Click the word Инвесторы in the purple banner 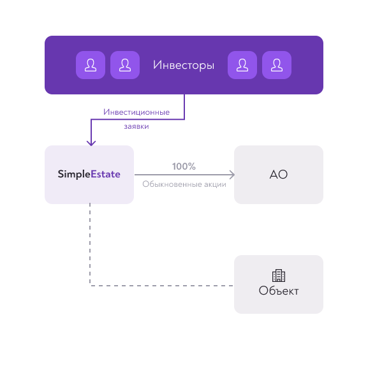pyautogui.click(x=184, y=65)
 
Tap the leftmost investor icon pyautogui.click(x=91, y=65)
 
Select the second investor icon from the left pyautogui.click(x=125, y=65)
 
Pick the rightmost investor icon pyautogui.click(x=277, y=65)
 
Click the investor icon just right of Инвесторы pyautogui.click(x=242, y=65)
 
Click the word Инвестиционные pyautogui.click(x=136, y=112)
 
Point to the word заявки pyautogui.click(x=136, y=126)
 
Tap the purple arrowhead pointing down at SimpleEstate pyautogui.click(x=91, y=143)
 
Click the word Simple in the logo pyautogui.click(x=74, y=174)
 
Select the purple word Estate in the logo pyautogui.click(x=105, y=174)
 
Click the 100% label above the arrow pyautogui.click(x=184, y=166)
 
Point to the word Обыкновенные pyautogui.click(x=172, y=184)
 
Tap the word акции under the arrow pyautogui.click(x=215, y=184)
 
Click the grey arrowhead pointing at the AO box pyautogui.click(x=232, y=175)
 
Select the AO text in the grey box pyautogui.click(x=279, y=175)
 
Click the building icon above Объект pyautogui.click(x=279, y=276)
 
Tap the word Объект pyautogui.click(x=279, y=291)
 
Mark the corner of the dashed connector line pyautogui.click(x=90, y=286)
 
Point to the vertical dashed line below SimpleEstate pyautogui.click(x=90, y=244)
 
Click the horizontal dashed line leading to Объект pyautogui.click(x=161, y=286)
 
